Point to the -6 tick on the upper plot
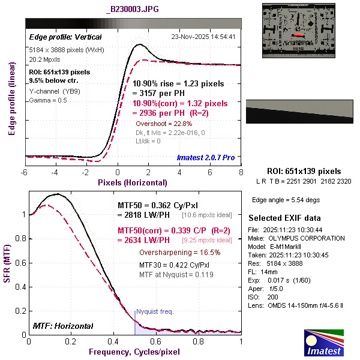tap(25, 172)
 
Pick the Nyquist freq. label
tap(155, 312)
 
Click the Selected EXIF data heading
tap(284, 217)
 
